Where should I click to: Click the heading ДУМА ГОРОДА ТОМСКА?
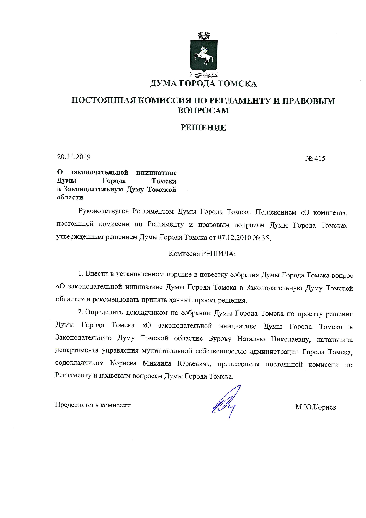[x=203, y=84]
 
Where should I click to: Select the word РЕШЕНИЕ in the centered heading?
[x=203, y=128]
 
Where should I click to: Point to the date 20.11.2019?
[x=74, y=157]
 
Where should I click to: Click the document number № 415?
[x=315, y=159]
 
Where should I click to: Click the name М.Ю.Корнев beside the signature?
[x=316, y=407]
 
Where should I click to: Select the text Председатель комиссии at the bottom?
[x=93, y=405]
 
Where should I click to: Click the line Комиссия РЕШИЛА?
[x=202, y=254]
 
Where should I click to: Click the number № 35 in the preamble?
[x=262, y=238]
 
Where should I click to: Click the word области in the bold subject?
[x=70, y=197]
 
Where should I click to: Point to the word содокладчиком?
[x=79, y=363]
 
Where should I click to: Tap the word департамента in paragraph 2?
[x=77, y=351]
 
